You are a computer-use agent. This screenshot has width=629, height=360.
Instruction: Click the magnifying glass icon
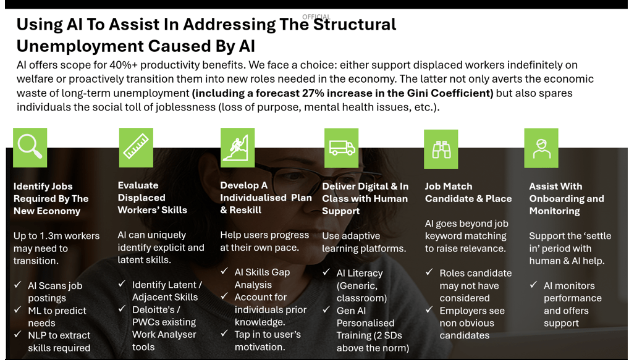pos(30,147)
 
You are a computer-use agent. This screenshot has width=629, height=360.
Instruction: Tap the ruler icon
pos(135,147)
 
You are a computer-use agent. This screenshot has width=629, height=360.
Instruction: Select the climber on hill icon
pos(237,148)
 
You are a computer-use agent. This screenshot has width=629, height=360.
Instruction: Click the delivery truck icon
pos(341,148)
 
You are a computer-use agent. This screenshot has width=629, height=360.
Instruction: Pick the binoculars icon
pos(441,149)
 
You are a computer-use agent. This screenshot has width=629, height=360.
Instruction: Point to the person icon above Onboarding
pos(541,148)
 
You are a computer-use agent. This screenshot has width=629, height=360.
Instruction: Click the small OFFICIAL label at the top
pos(316,17)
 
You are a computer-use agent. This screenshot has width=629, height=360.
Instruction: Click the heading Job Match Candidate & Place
pos(468,192)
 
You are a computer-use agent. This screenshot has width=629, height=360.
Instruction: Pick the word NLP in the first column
pos(38,335)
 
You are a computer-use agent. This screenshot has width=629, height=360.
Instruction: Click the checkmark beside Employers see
pos(429,311)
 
